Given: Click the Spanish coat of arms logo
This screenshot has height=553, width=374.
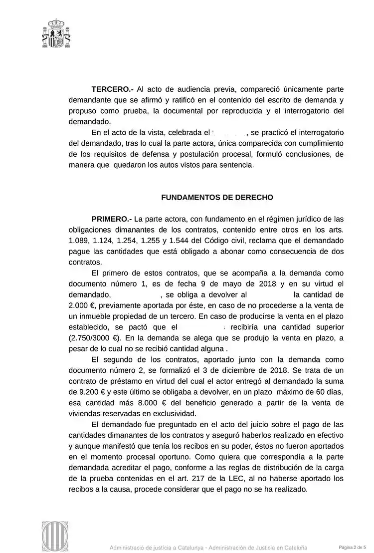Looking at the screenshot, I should (x=56, y=33).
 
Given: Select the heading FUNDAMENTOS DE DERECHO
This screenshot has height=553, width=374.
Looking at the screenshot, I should (x=217, y=197).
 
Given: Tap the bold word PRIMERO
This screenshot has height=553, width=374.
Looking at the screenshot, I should (x=111, y=219).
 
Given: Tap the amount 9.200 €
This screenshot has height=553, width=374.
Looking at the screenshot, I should (x=81, y=392).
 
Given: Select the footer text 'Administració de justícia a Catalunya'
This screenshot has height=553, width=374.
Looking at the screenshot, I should (x=157, y=547).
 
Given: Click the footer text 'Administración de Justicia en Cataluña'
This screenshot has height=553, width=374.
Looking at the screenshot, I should (x=258, y=547).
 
